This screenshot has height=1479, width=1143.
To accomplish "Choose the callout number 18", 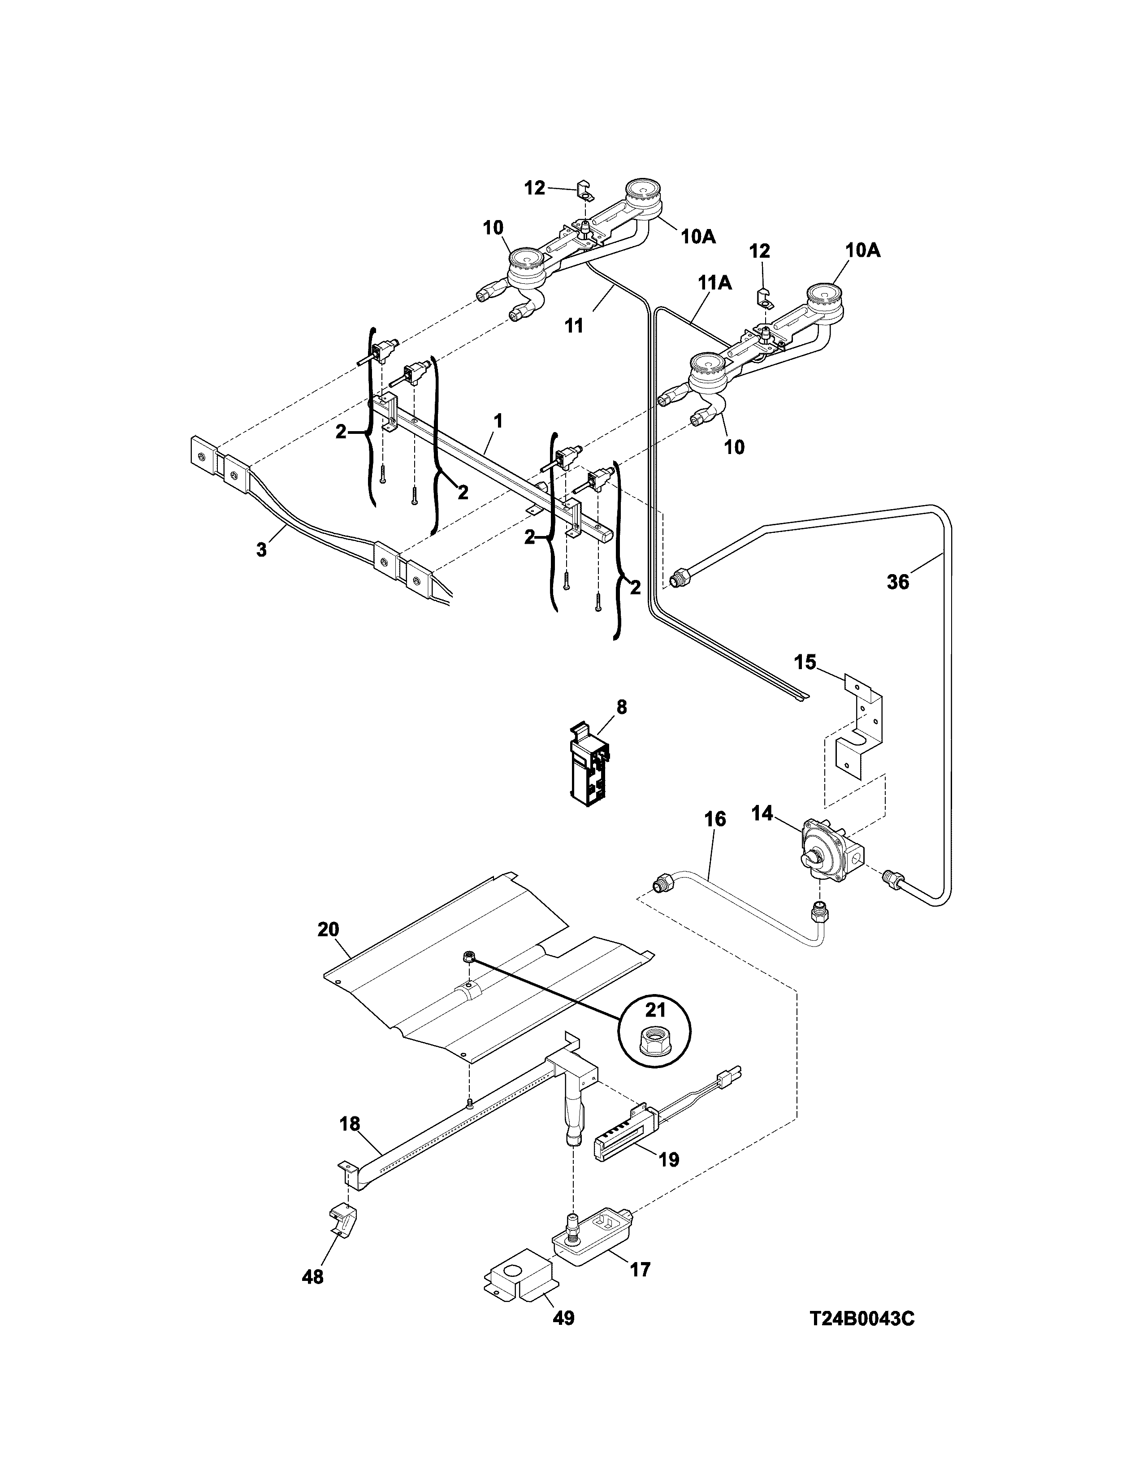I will pyautogui.click(x=350, y=1124).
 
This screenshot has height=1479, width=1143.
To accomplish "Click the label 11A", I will pyautogui.click(x=715, y=283).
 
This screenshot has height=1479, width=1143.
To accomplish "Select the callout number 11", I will pyautogui.click(x=574, y=326).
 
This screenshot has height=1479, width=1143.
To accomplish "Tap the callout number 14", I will pyautogui.click(x=762, y=813).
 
